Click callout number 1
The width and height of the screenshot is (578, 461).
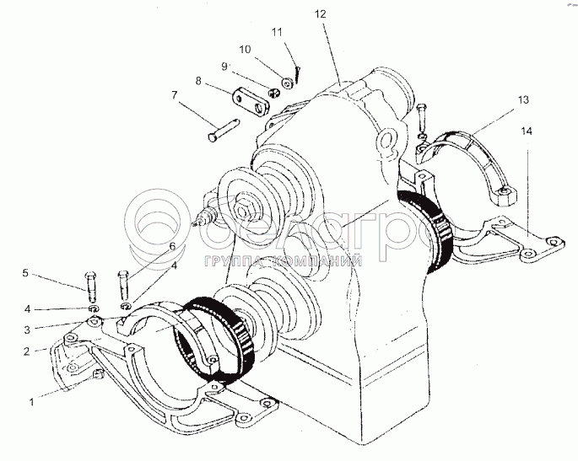point(31,402)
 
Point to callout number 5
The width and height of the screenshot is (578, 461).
point(26,273)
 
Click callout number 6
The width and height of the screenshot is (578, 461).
point(172,246)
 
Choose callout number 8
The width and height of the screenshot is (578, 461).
point(198,82)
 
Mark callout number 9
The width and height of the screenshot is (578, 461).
point(225,66)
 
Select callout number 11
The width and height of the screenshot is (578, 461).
point(275,32)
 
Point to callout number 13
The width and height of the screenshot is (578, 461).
point(524,99)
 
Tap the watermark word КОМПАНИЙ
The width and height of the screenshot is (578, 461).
point(316,262)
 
